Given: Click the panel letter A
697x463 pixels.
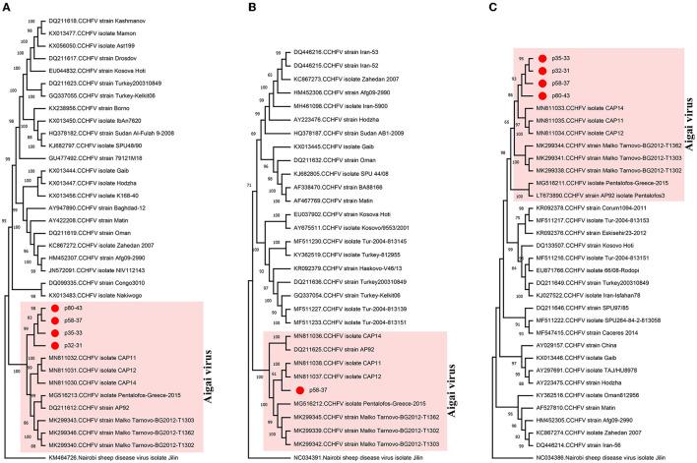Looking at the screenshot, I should click(x=7, y=8).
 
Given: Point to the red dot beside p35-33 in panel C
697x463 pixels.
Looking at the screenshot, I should click(x=540, y=60).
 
